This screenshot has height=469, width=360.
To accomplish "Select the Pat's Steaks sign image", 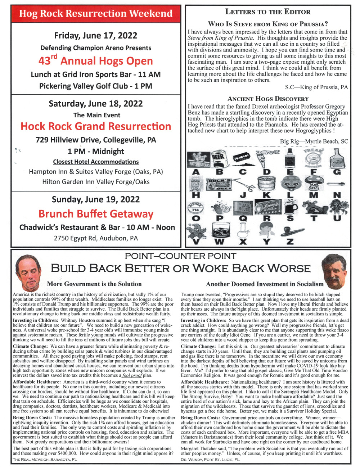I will click(x=197, y=158).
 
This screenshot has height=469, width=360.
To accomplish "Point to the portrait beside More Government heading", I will click(x=28, y=272).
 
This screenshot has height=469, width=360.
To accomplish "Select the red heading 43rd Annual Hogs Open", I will click(x=96, y=60).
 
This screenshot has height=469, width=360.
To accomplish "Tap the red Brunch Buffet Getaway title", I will click(x=96, y=214).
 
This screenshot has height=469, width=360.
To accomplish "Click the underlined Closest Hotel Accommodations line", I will click(x=96, y=162).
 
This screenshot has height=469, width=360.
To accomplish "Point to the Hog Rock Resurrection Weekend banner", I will click(x=96, y=14).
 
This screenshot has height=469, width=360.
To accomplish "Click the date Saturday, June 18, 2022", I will click(x=96, y=104).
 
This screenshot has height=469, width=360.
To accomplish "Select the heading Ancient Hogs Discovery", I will click(x=268, y=99).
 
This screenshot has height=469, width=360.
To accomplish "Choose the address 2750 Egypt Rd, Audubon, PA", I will click(x=96, y=238).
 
